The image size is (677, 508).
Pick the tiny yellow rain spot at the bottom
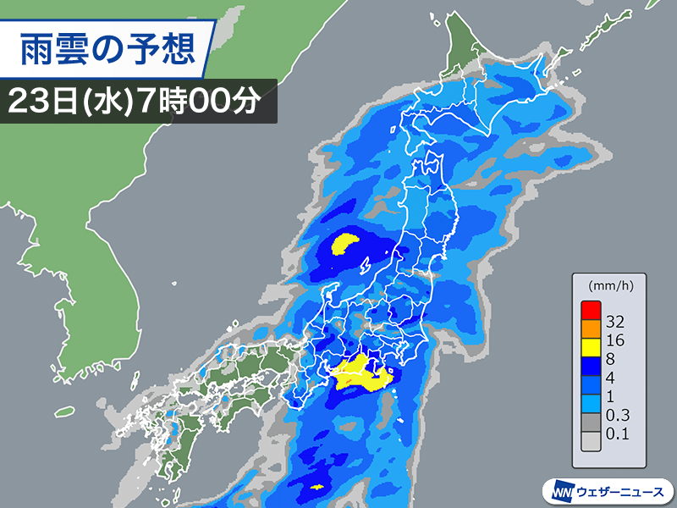[x=317, y=488]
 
